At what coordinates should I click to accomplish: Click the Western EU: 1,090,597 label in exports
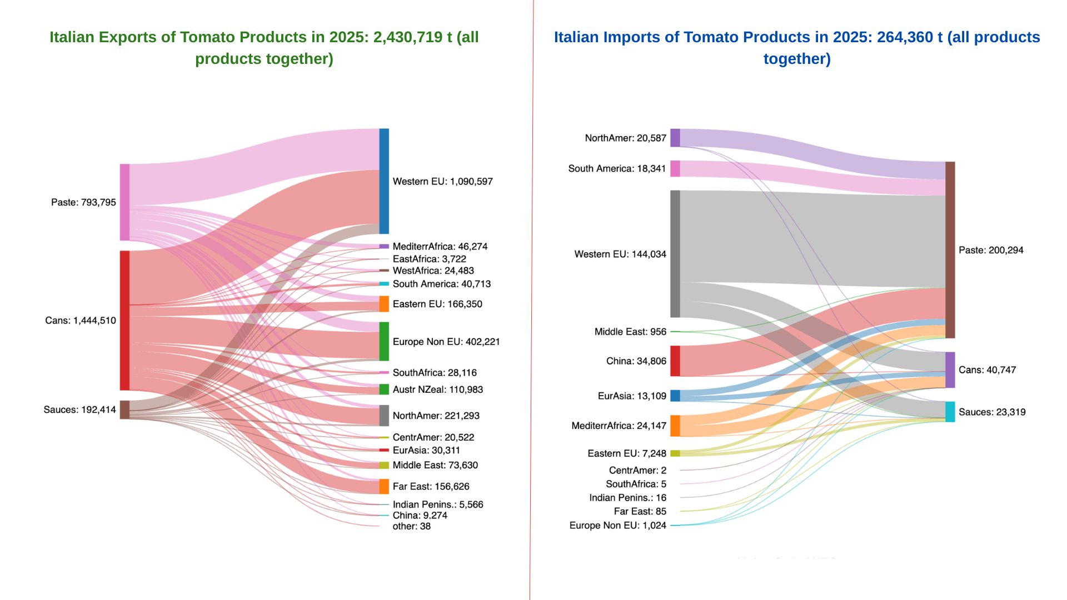(x=442, y=182)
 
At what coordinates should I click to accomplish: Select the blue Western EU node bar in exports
(x=384, y=181)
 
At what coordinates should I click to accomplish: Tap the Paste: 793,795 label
(x=83, y=202)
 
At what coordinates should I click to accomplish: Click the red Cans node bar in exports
(x=125, y=321)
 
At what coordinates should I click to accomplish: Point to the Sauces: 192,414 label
(x=79, y=410)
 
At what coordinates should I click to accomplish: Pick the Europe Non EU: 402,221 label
(x=446, y=342)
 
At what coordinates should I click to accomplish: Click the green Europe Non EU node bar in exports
(x=384, y=341)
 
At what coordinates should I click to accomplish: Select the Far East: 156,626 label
(x=431, y=487)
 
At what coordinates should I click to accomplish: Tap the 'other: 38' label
(x=411, y=526)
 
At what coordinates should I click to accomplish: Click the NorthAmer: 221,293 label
(x=436, y=416)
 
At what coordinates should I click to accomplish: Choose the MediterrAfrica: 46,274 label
(x=440, y=247)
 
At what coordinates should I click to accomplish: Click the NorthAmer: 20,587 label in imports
(x=625, y=138)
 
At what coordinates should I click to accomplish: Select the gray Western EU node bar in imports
(x=675, y=254)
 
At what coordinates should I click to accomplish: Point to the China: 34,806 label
(x=636, y=361)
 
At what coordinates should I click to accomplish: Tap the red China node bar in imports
(x=675, y=361)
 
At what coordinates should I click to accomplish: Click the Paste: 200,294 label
(x=991, y=251)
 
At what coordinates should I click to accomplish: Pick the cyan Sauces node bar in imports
(x=950, y=412)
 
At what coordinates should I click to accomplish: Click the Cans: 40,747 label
(x=987, y=370)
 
